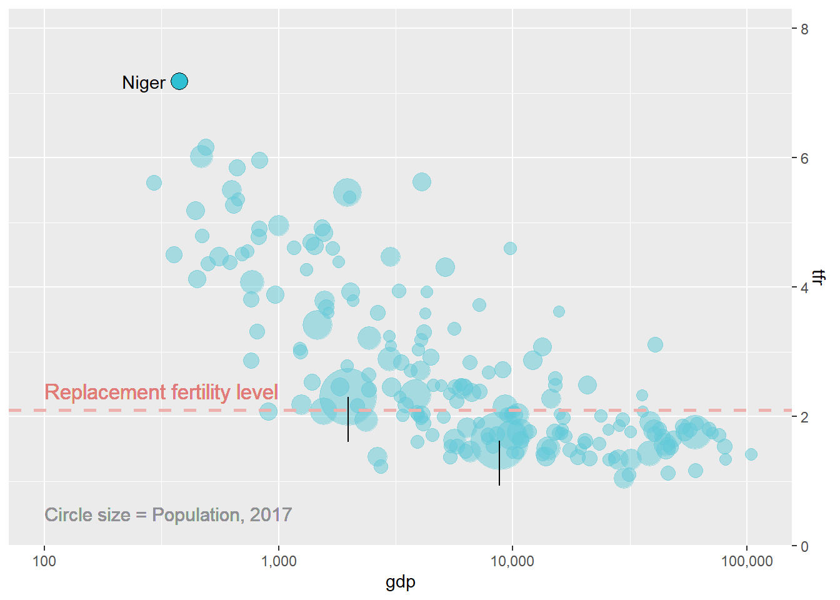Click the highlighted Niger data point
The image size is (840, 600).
(x=179, y=82)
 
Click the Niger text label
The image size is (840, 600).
(x=144, y=82)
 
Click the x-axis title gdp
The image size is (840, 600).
(x=400, y=582)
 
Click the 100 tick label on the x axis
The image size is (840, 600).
(x=44, y=561)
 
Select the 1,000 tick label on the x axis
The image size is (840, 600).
(x=278, y=561)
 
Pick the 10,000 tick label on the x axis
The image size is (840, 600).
(x=512, y=561)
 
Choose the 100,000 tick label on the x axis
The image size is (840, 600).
(x=747, y=561)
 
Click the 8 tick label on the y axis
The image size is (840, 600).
(x=804, y=29)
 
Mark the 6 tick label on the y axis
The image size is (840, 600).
(x=804, y=159)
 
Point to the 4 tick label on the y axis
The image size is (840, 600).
(x=804, y=288)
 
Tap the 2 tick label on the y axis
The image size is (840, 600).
(x=804, y=417)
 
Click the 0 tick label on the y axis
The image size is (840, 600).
(x=804, y=546)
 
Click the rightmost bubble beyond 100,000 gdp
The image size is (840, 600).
(x=751, y=454)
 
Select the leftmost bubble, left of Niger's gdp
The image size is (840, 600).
(x=154, y=183)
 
